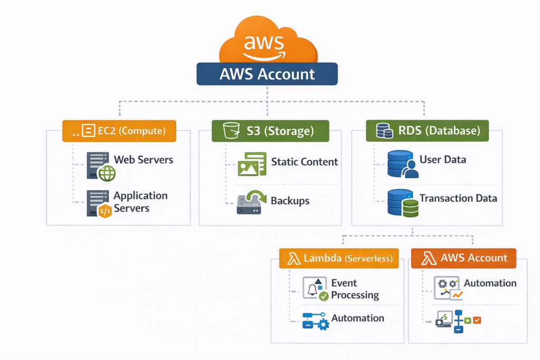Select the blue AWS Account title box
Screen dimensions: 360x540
(x=267, y=74)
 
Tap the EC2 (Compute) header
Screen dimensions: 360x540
(x=119, y=131)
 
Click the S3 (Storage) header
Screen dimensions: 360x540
(x=270, y=131)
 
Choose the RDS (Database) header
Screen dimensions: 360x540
(x=427, y=131)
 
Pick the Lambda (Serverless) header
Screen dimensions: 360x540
(x=339, y=258)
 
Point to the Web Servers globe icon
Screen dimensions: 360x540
(x=107, y=173)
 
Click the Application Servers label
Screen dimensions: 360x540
(x=140, y=202)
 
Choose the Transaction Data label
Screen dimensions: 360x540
(x=458, y=199)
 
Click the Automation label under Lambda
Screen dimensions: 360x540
(x=358, y=318)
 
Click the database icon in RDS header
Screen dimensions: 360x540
(x=384, y=131)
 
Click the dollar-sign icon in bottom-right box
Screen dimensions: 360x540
(x=445, y=318)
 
